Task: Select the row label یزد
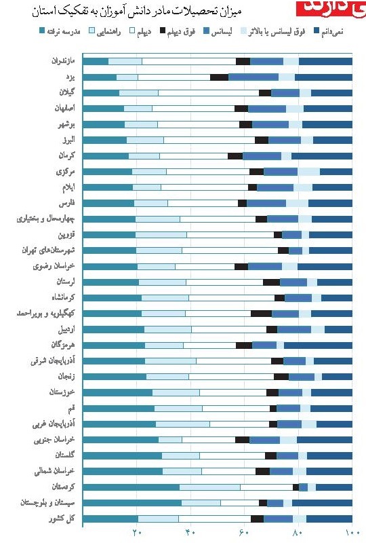point(75,77)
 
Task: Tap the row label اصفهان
point(68,109)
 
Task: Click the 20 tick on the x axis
point(136,533)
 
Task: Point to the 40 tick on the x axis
point(190,533)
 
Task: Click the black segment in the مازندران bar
point(243,61)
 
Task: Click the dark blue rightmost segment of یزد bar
point(325,77)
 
